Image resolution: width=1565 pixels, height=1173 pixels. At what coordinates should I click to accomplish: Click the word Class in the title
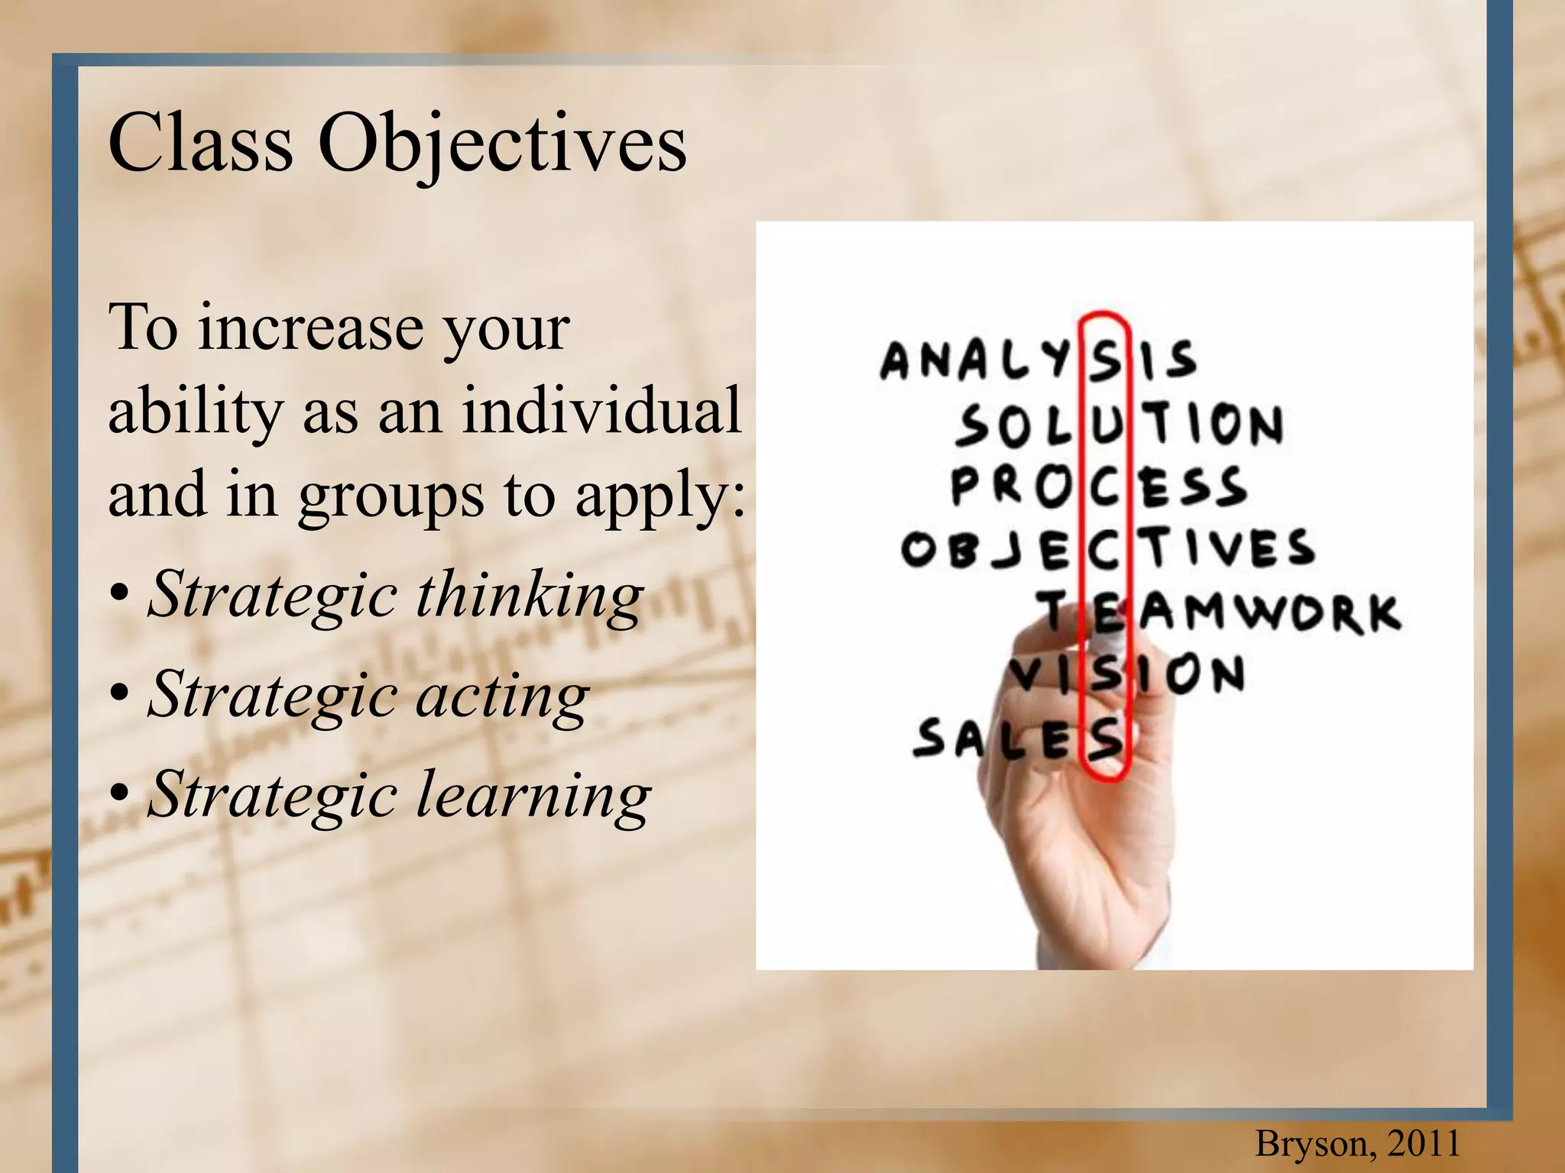pyautogui.click(x=200, y=143)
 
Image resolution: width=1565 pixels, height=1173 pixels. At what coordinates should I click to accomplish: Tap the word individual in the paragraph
pyautogui.click(x=601, y=410)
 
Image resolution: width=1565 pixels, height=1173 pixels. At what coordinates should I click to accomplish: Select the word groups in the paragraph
pyautogui.click(x=390, y=496)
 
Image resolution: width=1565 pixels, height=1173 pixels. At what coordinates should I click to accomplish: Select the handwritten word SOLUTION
pyautogui.click(x=1119, y=424)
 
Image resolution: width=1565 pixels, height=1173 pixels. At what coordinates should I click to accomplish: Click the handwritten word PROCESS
pyautogui.click(x=1098, y=486)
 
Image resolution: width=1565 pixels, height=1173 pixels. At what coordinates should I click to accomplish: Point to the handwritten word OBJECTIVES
pyautogui.click(x=1107, y=548)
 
